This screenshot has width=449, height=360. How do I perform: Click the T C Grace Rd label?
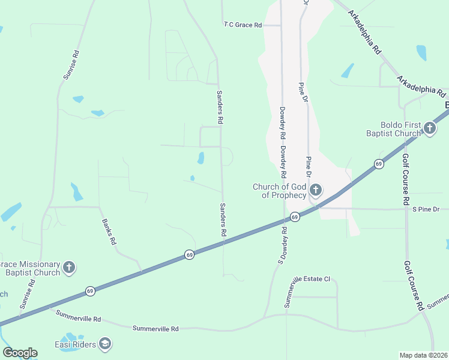[x=243, y=25]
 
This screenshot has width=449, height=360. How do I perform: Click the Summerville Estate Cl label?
[x=307, y=292]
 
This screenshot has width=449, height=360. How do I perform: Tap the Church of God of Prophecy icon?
[x=316, y=191]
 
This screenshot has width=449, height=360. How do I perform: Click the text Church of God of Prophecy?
[x=280, y=191]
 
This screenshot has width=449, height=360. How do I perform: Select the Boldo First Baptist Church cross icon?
[x=430, y=128]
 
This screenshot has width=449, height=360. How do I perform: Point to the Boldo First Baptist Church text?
[x=394, y=129]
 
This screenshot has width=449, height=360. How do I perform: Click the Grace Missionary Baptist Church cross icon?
[x=70, y=268]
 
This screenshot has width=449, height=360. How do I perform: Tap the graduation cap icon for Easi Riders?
[x=105, y=344]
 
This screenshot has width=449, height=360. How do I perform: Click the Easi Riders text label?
[x=77, y=344]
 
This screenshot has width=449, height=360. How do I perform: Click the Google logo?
[x=20, y=353]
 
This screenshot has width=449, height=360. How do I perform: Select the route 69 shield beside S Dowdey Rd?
[x=295, y=217]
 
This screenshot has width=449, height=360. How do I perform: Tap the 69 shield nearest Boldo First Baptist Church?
[x=378, y=163]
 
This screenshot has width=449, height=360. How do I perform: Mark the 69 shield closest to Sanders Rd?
[x=189, y=254]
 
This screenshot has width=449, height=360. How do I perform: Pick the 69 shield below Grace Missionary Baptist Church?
[x=89, y=290]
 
